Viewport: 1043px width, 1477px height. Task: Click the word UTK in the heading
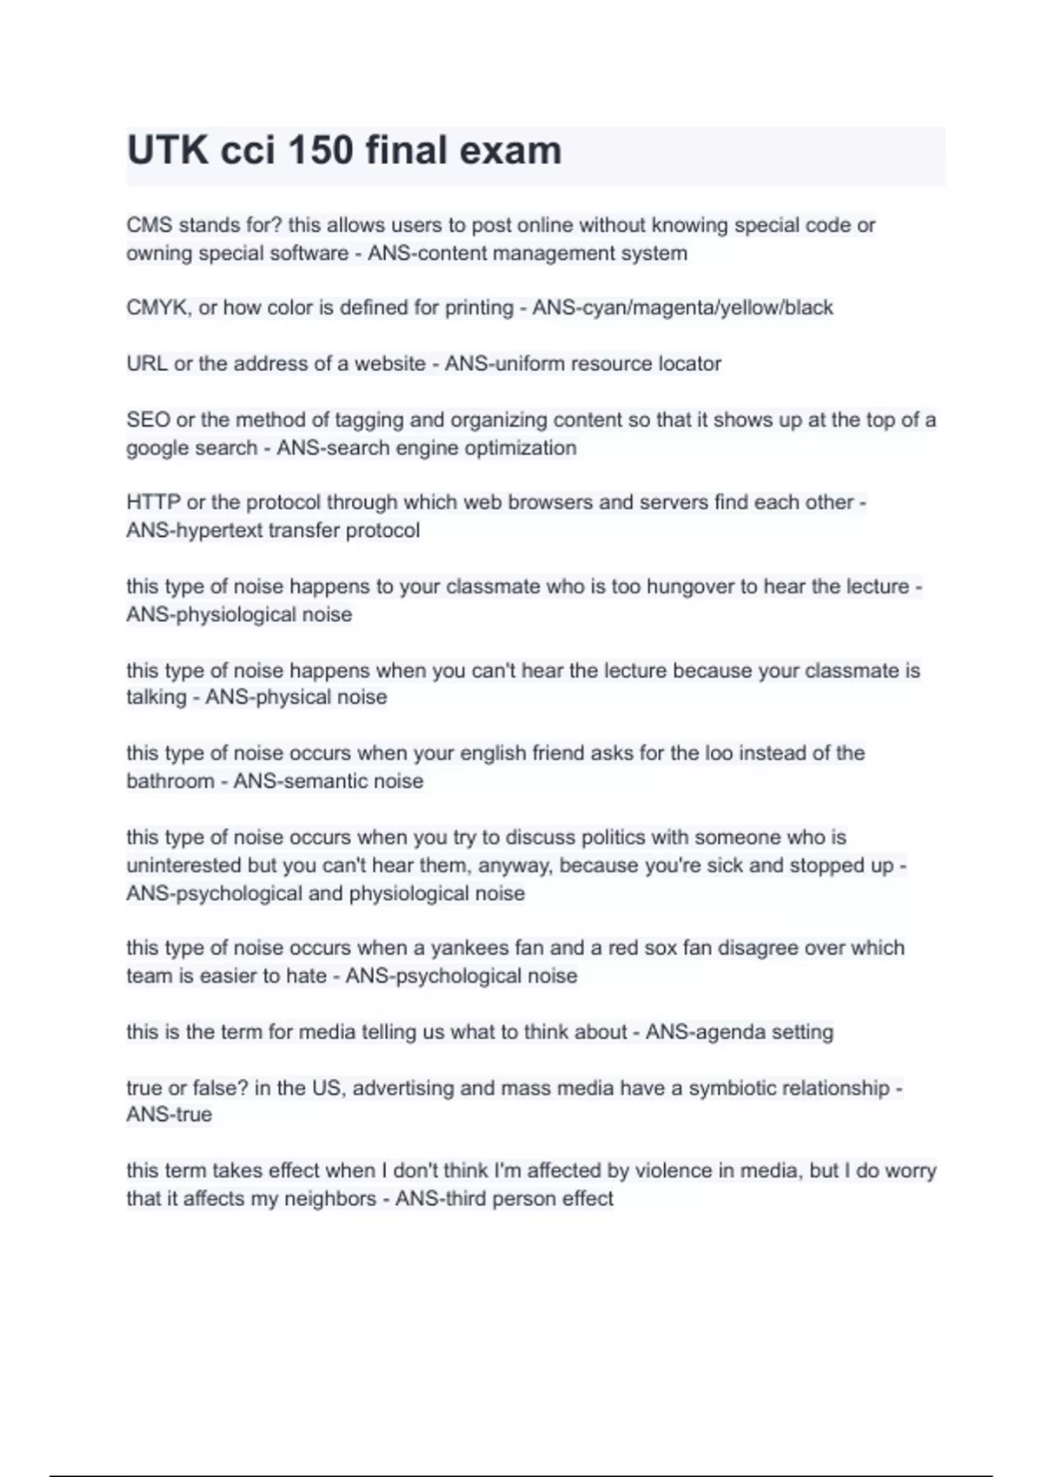tap(168, 151)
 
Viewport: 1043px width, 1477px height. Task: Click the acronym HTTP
tap(153, 502)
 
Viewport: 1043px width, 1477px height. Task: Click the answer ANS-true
tap(169, 1115)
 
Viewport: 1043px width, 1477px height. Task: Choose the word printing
tap(479, 308)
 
